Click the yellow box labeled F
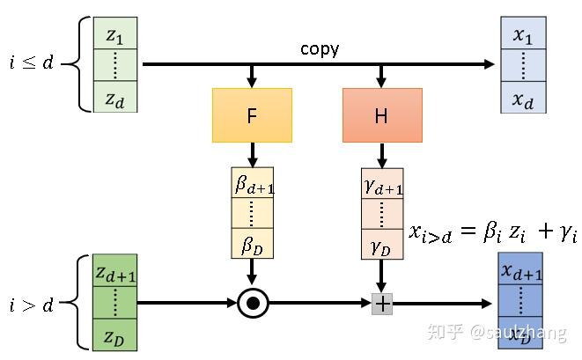pyautogui.click(x=252, y=115)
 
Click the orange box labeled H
pyautogui.click(x=381, y=115)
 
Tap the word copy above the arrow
pyautogui.click(x=319, y=49)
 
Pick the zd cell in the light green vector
pyautogui.click(x=115, y=98)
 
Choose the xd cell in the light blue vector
pyautogui.click(x=522, y=97)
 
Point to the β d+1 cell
pyautogui.click(x=253, y=183)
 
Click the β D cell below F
pyautogui.click(x=253, y=243)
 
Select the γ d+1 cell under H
pyautogui.click(x=382, y=183)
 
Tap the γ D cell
pyautogui.click(x=382, y=243)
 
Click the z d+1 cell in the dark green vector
pyautogui.click(x=115, y=272)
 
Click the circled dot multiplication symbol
pyautogui.click(x=253, y=304)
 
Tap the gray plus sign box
pyautogui.click(x=382, y=304)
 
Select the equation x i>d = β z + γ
pyautogui.click(x=493, y=232)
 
